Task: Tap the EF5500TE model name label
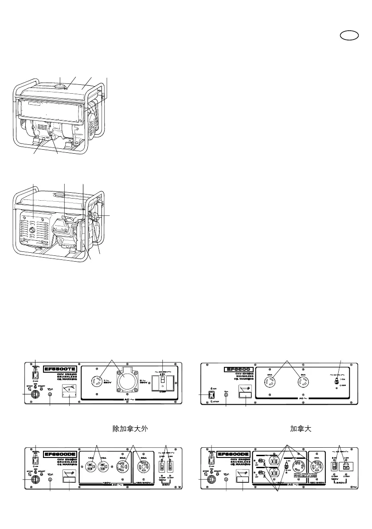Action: point(60,368)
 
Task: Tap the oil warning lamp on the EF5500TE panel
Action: point(50,394)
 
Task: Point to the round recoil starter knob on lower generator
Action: point(32,231)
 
